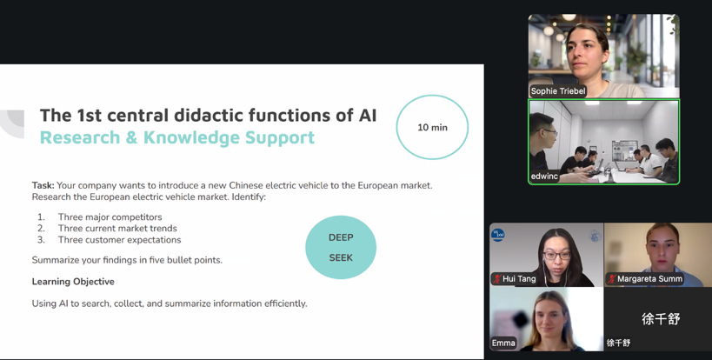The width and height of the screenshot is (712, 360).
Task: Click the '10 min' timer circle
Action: coord(432,127)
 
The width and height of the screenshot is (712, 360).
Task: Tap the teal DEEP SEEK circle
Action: coord(341,248)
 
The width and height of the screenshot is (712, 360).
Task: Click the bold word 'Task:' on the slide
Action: coord(43,185)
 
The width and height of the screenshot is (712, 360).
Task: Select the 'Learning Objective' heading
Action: coord(73,282)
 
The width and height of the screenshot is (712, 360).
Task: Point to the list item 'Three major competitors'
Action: coord(110,217)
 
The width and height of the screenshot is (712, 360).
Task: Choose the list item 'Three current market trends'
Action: coord(117,229)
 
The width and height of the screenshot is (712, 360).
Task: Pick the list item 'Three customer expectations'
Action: coord(119,240)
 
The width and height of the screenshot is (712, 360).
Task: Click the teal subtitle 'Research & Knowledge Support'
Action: coord(177,137)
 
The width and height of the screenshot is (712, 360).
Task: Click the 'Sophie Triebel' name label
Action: coord(558,91)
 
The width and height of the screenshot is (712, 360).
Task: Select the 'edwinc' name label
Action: coord(544,177)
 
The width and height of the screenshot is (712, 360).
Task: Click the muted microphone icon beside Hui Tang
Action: coord(496,279)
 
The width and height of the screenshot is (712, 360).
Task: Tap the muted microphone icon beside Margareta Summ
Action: coord(612,279)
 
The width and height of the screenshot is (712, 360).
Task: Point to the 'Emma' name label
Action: coord(503,343)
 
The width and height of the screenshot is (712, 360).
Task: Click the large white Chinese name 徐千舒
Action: coord(661,318)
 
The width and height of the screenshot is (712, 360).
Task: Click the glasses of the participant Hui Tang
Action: coord(556,256)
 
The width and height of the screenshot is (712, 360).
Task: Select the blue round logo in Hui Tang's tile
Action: coord(498,235)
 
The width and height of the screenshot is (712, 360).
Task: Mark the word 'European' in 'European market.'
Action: coord(376,185)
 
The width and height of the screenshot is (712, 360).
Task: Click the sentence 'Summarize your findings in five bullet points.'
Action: coord(127,260)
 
